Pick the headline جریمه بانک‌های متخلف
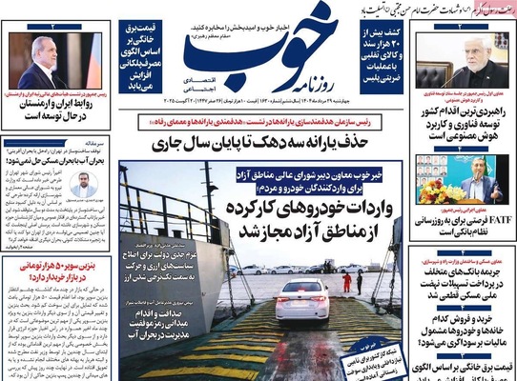(463, 273)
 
